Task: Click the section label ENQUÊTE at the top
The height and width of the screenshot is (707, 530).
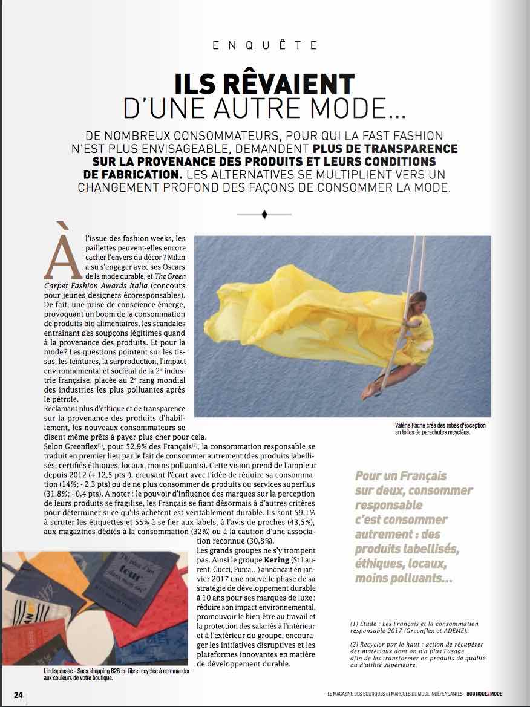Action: [x=264, y=45]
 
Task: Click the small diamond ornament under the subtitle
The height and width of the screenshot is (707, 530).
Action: [x=264, y=214]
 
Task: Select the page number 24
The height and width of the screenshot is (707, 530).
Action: [x=18, y=694]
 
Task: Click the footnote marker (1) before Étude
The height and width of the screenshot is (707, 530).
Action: [x=355, y=624]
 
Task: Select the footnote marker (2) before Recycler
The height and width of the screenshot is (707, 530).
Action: [x=355, y=645]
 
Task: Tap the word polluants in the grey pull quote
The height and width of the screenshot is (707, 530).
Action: [x=402, y=579]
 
